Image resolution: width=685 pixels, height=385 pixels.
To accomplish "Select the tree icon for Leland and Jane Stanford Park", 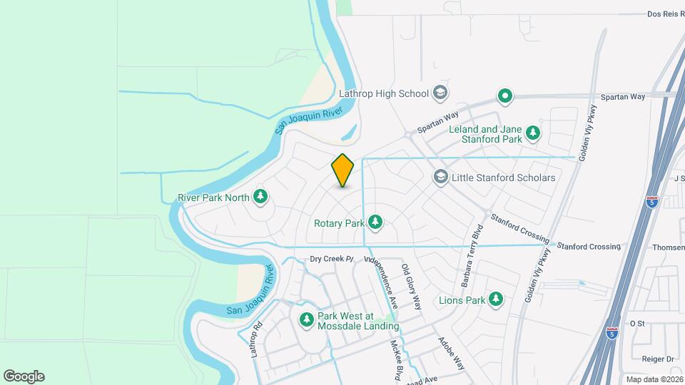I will click(x=532, y=133).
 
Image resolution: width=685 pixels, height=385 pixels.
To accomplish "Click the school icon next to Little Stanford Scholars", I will click(x=441, y=177).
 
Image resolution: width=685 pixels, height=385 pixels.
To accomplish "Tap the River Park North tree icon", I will click(x=261, y=197).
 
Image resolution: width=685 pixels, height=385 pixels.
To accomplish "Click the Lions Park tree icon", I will click(x=495, y=299).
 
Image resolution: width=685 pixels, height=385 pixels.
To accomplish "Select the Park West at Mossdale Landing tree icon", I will click(x=307, y=320).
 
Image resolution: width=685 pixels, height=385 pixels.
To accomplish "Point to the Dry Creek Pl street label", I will click(x=331, y=258).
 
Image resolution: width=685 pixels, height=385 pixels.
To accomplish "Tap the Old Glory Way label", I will click(x=411, y=287).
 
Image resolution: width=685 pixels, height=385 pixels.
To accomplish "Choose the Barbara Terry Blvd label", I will click(x=473, y=257).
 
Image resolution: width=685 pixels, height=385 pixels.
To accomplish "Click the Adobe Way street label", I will click(x=451, y=352).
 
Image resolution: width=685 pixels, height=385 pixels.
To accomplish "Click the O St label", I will click(x=637, y=323).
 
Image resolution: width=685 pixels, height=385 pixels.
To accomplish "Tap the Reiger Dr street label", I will click(x=659, y=359).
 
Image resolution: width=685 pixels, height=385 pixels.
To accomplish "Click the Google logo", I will click(x=24, y=376).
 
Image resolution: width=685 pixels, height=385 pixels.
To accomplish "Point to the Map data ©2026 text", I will click(x=654, y=379).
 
